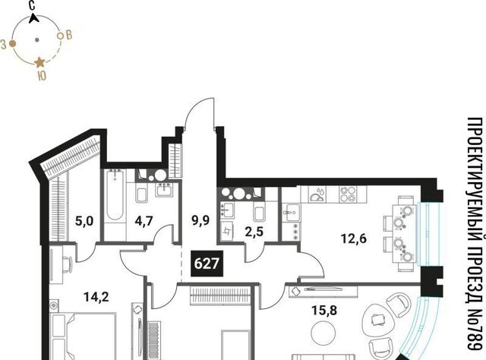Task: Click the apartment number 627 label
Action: [207, 264]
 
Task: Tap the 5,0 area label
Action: [84, 222]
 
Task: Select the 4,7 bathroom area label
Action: [144, 222]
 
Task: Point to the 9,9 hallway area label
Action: [200, 221]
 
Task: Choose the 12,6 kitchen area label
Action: [354, 238]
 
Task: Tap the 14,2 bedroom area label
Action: [96, 298]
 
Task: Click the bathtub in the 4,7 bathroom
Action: [115, 194]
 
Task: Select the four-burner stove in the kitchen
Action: [348, 194]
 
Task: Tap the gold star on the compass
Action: [39, 62]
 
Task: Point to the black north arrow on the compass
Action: [33, 18]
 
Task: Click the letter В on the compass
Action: [69, 35]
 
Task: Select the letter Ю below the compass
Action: [42, 76]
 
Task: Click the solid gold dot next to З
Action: [12, 44]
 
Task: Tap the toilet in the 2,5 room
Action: [259, 211]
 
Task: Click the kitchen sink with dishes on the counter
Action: [317, 194]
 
